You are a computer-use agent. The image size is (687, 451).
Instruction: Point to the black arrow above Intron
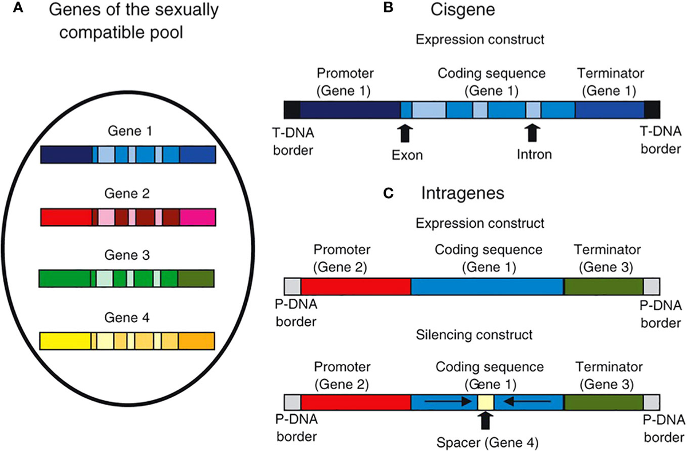[x=533, y=133]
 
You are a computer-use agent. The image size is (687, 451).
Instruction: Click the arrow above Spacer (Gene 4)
[x=485, y=421]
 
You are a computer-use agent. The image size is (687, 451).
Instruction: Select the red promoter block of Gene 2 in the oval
[x=66, y=217]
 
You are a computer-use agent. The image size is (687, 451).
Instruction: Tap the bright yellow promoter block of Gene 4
[x=65, y=341]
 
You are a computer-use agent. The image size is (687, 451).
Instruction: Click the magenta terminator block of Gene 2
[x=197, y=217]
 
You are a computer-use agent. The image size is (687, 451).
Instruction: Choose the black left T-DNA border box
[x=292, y=109]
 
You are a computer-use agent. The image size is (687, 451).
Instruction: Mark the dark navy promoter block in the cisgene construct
[x=350, y=109]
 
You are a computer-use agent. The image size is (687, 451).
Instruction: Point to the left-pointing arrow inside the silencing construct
[x=524, y=402]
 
